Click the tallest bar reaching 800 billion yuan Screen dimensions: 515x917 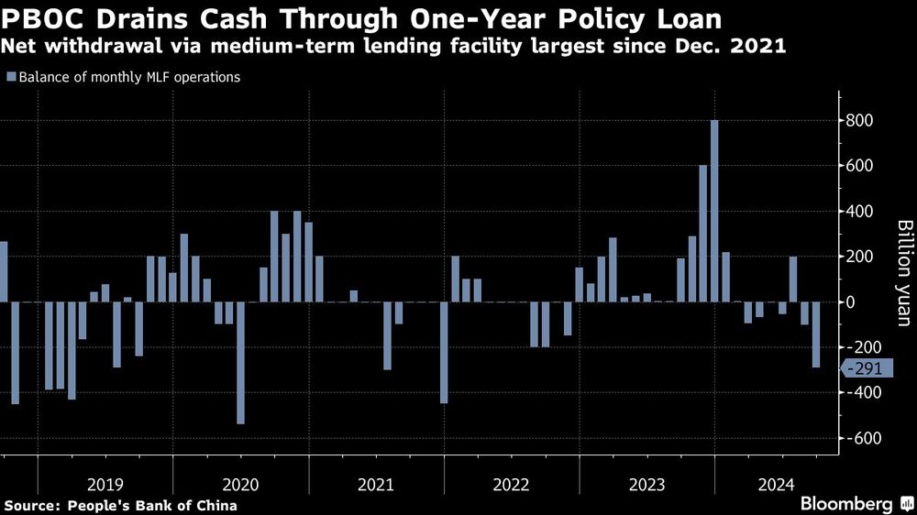(x=714, y=211)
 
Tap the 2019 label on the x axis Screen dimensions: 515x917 (x=105, y=483)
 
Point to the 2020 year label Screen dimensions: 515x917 (x=240, y=483)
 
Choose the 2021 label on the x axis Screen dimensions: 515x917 (x=376, y=483)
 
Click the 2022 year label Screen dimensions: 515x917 (x=512, y=483)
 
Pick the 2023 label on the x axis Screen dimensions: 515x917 (x=646, y=483)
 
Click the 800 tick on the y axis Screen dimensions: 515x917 (x=860, y=121)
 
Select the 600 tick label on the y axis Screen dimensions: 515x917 (x=860, y=166)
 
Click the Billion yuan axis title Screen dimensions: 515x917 (x=903, y=272)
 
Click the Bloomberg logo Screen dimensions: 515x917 (x=847, y=504)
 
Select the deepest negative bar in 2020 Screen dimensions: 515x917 (x=241, y=363)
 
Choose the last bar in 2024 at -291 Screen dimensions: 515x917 (x=815, y=334)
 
